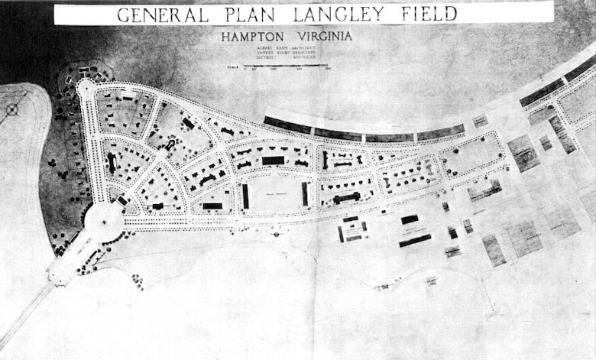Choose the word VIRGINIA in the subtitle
click(x=317, y=35)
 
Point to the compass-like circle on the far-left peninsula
click(x=11, y=109)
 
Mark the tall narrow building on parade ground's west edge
click(x=245, y=196)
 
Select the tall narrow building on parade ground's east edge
click(x=305, y=193)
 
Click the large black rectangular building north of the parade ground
click(x=273, y=161)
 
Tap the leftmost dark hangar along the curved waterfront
click(x=287, y=125)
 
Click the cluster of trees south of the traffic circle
click(x=138, y=281)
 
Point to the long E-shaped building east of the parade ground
click(x=346, y=198)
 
